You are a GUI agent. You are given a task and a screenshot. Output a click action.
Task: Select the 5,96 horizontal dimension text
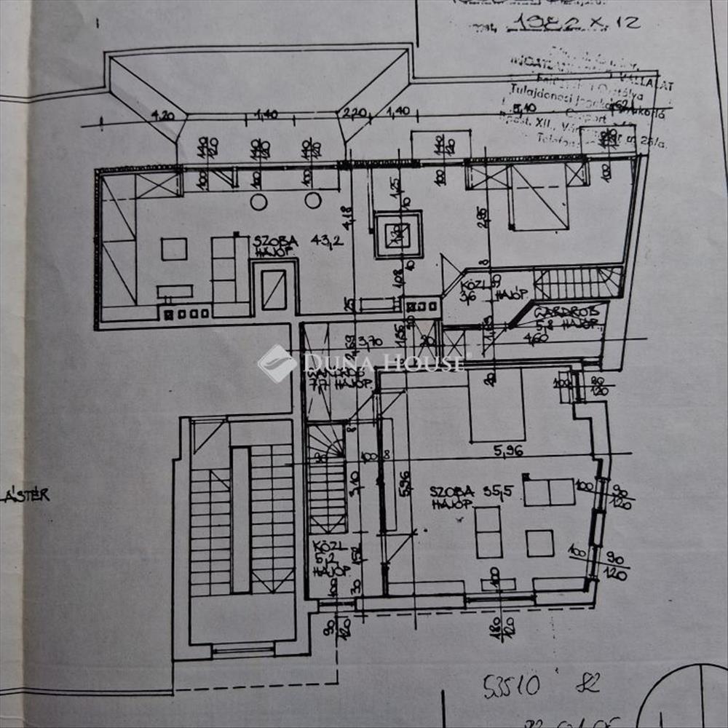pyautogui.click(x=510, y=451)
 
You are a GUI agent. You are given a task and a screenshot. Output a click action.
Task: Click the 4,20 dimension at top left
pyautogui.click(x=165, y=114)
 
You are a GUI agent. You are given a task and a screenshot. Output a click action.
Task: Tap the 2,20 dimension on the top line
pyautogui.click(x=354, y=113)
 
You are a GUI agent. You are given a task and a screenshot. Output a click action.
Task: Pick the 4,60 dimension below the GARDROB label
pyautogui.click(x=537, y=339)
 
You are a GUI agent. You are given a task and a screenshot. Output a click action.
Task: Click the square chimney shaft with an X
pyautogui.click(x=398, y=234)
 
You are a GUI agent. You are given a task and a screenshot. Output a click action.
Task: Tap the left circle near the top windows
pyautogui.click(x=258, y=201)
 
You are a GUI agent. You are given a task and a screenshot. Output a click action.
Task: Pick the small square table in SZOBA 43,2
pyautogui.click(x=174, y=249)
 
